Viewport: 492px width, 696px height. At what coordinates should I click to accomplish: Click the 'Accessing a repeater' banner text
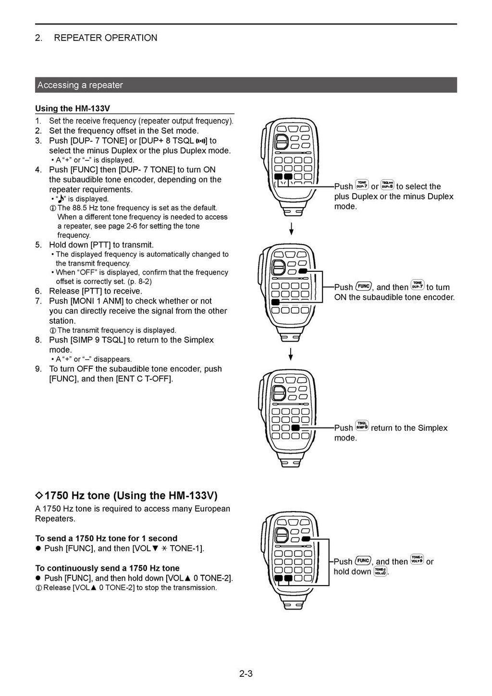click(x=80, y=85)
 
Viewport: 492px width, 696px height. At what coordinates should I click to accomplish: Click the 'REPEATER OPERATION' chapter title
click(x=105, y=38)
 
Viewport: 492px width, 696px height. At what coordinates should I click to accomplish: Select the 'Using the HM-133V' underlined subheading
click(x=73, y=109)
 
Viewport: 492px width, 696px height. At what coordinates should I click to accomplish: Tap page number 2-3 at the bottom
click(x=246, y=673)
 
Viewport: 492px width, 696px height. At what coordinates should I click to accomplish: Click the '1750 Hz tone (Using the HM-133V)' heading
click(x=131, y=495)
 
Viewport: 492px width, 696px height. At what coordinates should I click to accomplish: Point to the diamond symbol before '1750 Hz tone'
click(x=39, y=496)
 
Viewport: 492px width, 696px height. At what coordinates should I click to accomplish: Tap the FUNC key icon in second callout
click(x=363, y=287)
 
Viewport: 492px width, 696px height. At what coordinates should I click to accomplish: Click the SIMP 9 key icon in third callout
click(x=362, y=426)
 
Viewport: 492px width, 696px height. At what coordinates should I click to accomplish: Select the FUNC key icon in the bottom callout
click(x=363, y=561)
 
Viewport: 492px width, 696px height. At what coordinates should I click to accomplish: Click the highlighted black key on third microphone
click(x=295, y=427)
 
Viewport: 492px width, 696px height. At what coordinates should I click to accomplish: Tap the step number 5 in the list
click(x=38, y=245)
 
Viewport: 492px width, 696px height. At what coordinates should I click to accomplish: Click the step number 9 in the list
click(x=38, y=369)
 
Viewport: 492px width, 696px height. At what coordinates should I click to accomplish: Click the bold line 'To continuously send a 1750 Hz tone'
click(x=107, y=568)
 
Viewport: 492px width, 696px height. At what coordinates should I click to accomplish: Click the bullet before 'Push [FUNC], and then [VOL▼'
click(x=38, y=549)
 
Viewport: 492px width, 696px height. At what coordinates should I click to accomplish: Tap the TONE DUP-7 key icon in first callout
click(x=362, y=185)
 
